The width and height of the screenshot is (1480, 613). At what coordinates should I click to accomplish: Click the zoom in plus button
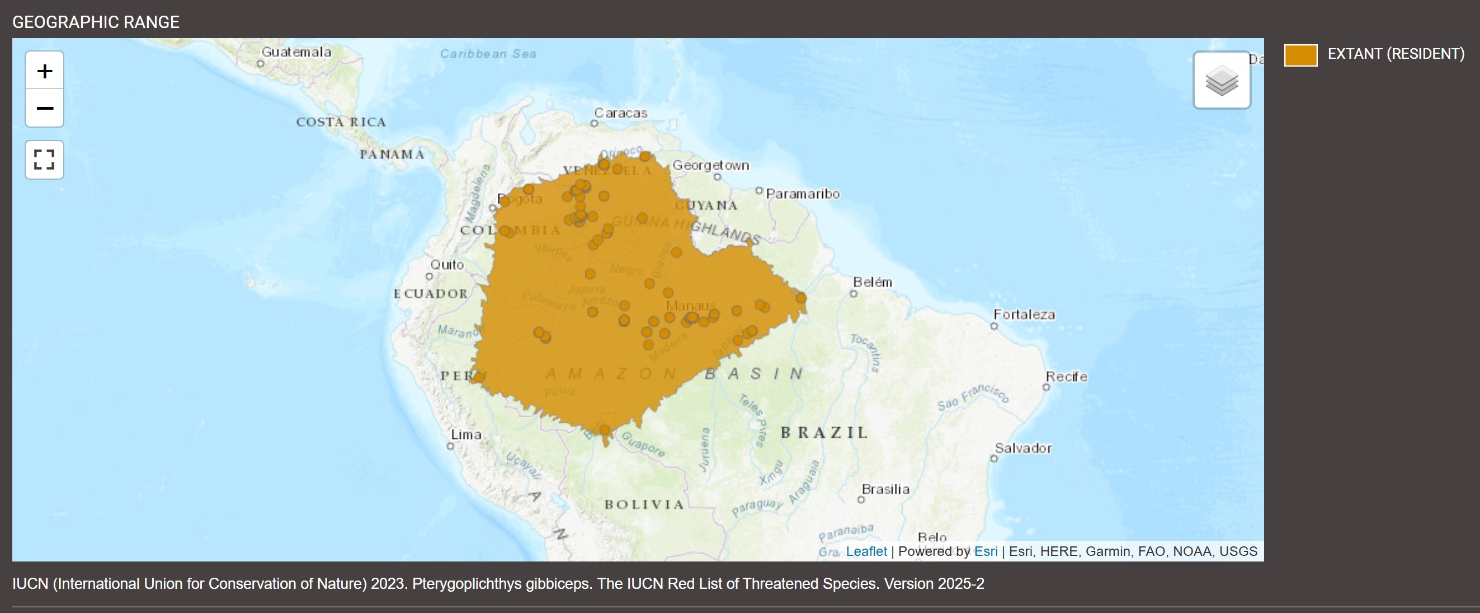pyautogui.click(x=44, y=71)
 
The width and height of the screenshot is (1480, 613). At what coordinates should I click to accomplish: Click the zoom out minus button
pyautogui.click(x=44, y=108)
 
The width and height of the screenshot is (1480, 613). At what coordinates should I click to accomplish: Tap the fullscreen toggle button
pyautogui.click(x=44, y=160)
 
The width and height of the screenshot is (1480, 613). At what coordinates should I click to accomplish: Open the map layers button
pyautogui.click(x=1222, y=81)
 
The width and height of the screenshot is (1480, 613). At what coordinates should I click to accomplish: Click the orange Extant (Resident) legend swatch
pyautogui.click(x=1300, y=55)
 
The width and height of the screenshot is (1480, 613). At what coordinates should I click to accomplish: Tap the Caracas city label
pyautogui.click(x=620, y=113)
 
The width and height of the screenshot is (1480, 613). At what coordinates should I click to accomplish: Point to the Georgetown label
pyautogui.click(x=711, y=166)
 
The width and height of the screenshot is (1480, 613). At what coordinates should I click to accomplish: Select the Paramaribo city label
pyautogui.click(x=803, y=194)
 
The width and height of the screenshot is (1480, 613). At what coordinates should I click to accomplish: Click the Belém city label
pyautogui.click(x=872, y=282)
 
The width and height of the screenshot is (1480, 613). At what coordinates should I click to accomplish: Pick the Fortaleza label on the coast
pyautogui.click(x=1024, y=315)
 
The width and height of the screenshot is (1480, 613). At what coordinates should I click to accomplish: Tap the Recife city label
pyautogui.click(x=1066, y=377)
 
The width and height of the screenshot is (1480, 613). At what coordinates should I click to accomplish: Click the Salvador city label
pyautogui.click(x=1022, y=448)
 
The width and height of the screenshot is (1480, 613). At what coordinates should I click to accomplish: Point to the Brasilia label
pyautogui.click(x=885, y=489)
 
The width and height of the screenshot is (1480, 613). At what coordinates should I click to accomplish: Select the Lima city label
pyautogui.click(x=466, y=435)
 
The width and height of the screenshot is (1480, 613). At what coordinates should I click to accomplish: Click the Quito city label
pyautogui.click(x=447, y=265)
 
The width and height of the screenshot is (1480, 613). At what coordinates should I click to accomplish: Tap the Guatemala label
pyautogui.click(x=296, y=52)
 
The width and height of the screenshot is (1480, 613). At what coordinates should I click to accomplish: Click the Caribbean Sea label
pyautogui.click(x=488, y=54)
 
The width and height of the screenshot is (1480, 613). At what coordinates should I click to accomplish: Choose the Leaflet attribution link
pyautogui.click(x=866, y=551)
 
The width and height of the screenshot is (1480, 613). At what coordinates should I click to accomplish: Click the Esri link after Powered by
pyautogui.click(x=986, y=551)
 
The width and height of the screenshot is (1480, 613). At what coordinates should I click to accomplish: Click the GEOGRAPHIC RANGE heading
pyautogui.click(x=96, y=22)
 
